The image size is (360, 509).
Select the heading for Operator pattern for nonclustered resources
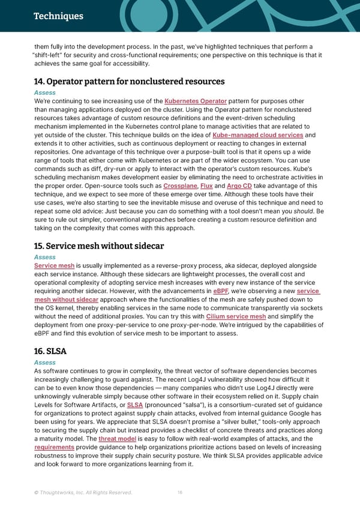point(129,81)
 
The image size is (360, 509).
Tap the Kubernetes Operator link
point(195,101)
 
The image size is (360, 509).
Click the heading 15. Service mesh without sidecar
point(99,245)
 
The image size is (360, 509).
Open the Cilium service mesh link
point(236,316)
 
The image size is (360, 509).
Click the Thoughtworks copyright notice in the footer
point(83,493)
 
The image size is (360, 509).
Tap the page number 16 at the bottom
point(180,493)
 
